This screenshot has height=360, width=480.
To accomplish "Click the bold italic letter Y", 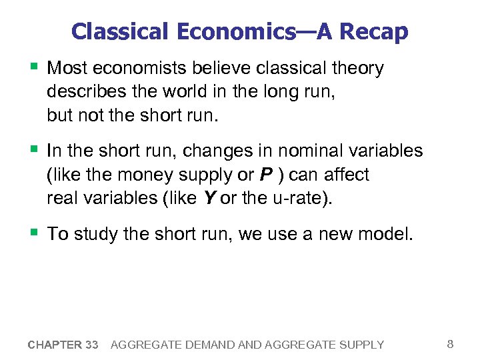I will pyautogui.click(x=207, y=199).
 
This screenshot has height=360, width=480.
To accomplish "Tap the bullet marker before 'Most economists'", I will pyautogui.click(x=34, y=67).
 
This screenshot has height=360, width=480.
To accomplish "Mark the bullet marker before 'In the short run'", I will pyautogui.click(x=34, y=150).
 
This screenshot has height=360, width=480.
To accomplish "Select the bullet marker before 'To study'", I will pyautogui.click(x=34, y=233).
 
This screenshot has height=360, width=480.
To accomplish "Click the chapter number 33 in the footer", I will pyautogui.click(x=91, y=345).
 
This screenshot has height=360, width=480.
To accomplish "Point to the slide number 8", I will pyautogui.click(x=450, y=344).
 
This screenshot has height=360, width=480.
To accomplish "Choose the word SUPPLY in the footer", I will pyautogui.click(x=361, y=345).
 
